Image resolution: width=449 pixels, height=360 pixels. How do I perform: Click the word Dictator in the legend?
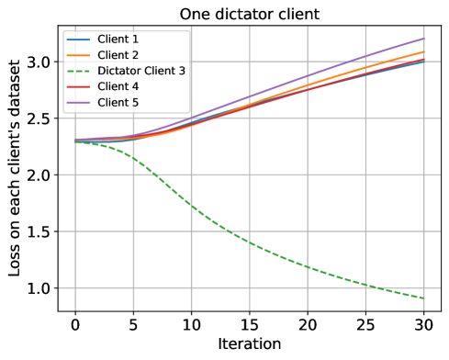point(118,71)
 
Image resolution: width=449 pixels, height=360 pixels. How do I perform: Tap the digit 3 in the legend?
point(182,71)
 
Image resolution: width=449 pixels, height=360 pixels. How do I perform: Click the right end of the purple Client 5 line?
point(423,39)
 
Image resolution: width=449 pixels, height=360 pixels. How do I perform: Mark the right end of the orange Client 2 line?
point(423,51)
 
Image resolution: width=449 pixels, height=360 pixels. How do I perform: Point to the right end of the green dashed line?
point(423,298)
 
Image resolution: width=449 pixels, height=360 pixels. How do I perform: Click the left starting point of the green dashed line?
point(75,141)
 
